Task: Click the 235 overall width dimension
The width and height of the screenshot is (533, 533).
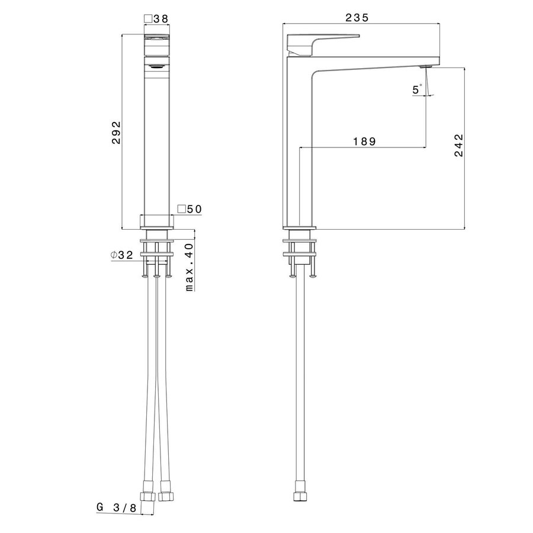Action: click(357, 18)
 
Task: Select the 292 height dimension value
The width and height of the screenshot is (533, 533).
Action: click(117, 133)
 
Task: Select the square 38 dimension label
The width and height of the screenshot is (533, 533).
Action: click(157, 19)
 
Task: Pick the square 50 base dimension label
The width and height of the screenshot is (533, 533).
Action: click(190, 209)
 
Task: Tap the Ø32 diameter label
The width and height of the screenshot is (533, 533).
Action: click(121, 255)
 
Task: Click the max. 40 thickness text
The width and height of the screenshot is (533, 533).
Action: click(190, 266)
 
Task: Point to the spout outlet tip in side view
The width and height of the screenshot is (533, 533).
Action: click(425, 67)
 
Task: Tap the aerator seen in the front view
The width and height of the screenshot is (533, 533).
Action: click(157, 66)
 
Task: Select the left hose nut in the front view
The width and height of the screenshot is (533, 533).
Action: click(146, 496)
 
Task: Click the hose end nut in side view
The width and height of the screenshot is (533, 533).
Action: click(299, 496)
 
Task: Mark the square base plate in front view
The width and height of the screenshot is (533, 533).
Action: click(157, 221)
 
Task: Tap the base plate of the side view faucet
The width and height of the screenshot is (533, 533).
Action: click(300, 226)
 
